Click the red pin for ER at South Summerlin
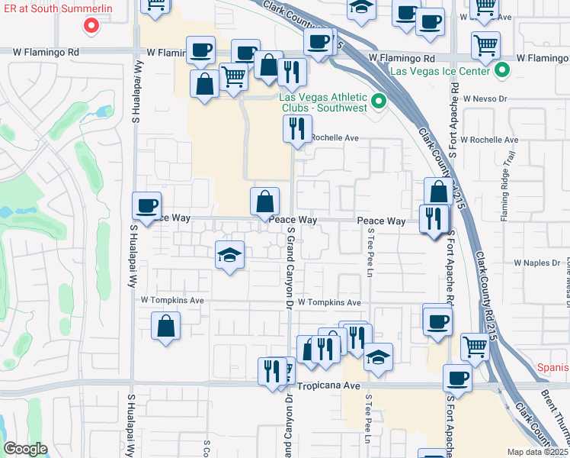91,26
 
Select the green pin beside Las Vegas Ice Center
502,72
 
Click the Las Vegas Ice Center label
442,71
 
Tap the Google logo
25,449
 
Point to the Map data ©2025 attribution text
537,452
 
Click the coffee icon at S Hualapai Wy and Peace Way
146,205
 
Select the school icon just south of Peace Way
229,254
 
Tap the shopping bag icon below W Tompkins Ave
166,326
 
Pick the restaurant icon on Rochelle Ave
297,127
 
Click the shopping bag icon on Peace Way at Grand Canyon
264,202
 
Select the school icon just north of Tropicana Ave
377,356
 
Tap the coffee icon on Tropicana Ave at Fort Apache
457,378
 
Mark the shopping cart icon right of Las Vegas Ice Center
485,44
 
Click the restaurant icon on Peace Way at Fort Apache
434,219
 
